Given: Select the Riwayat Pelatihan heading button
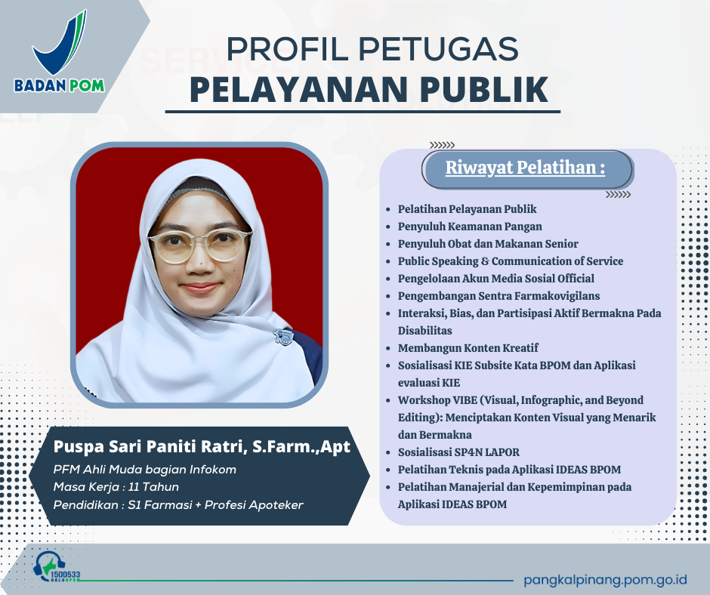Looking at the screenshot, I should point(526,168).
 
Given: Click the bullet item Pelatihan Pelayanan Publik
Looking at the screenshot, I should point(467,209).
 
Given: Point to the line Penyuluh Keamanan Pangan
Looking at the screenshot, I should point(469,227).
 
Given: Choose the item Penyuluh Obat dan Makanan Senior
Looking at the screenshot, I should point(487,244).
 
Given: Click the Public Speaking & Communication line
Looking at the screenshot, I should point(510,261).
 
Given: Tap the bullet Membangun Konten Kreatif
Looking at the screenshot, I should point(468,348).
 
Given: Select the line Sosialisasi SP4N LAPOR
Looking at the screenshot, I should point(458,452).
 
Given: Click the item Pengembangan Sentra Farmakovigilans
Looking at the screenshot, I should point(499,296).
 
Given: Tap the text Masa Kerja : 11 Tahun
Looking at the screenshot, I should point(116,487).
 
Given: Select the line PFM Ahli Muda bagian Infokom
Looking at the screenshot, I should point(144,470).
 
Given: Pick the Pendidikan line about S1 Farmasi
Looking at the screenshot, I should point(177,504).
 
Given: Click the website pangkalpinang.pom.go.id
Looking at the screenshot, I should point(605,580).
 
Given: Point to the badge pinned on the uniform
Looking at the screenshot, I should point(285,335).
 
